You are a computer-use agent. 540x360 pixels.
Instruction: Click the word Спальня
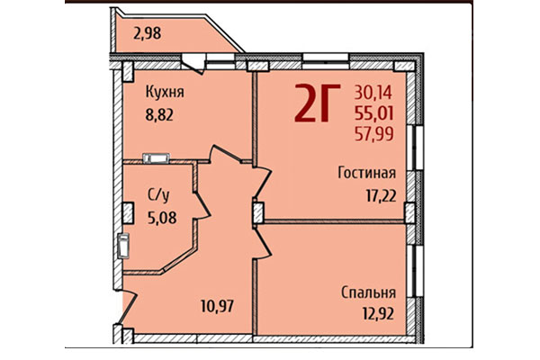(x=369, y=292)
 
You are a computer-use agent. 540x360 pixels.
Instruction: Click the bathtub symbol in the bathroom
(x=124, y=245)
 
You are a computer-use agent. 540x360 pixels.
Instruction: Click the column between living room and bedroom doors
(x=257, y=212)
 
